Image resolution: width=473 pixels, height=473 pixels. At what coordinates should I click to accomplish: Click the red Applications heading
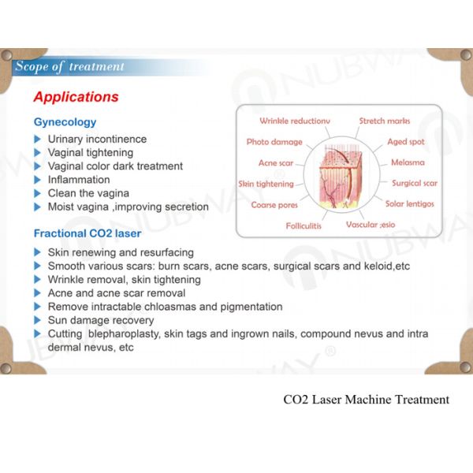pos(76,98)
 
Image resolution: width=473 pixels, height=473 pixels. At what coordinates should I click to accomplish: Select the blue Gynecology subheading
pos(65,122)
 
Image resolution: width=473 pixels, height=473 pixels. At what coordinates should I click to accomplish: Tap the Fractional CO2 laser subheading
pos(88,233)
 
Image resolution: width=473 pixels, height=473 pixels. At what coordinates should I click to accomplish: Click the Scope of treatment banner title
pos(69,66)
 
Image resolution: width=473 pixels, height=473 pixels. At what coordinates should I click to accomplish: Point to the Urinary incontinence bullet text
pos(97,139)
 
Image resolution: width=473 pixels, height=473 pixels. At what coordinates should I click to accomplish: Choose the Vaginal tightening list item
pos(91,152)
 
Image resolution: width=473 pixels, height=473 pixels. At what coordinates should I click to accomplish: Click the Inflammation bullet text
pos(79,180)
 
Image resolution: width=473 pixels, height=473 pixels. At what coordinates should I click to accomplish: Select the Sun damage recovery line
pos(101,320)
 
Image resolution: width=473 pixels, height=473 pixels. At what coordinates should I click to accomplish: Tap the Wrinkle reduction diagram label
pos(295,121)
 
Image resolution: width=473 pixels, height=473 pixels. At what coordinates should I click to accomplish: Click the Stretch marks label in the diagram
pos(384,121)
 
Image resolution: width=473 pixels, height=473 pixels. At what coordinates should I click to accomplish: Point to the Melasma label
pos(408,162)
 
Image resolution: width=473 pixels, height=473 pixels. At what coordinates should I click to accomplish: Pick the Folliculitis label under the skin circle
pos(304,225)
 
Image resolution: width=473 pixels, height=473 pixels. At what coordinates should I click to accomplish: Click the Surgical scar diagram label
pos(415,183)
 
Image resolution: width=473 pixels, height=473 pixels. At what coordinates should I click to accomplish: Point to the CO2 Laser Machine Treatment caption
pos(366,399)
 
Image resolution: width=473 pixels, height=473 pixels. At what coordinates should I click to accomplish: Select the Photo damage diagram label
pos(274,142)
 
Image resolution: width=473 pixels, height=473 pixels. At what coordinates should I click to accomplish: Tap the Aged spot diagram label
pos(405,142)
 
